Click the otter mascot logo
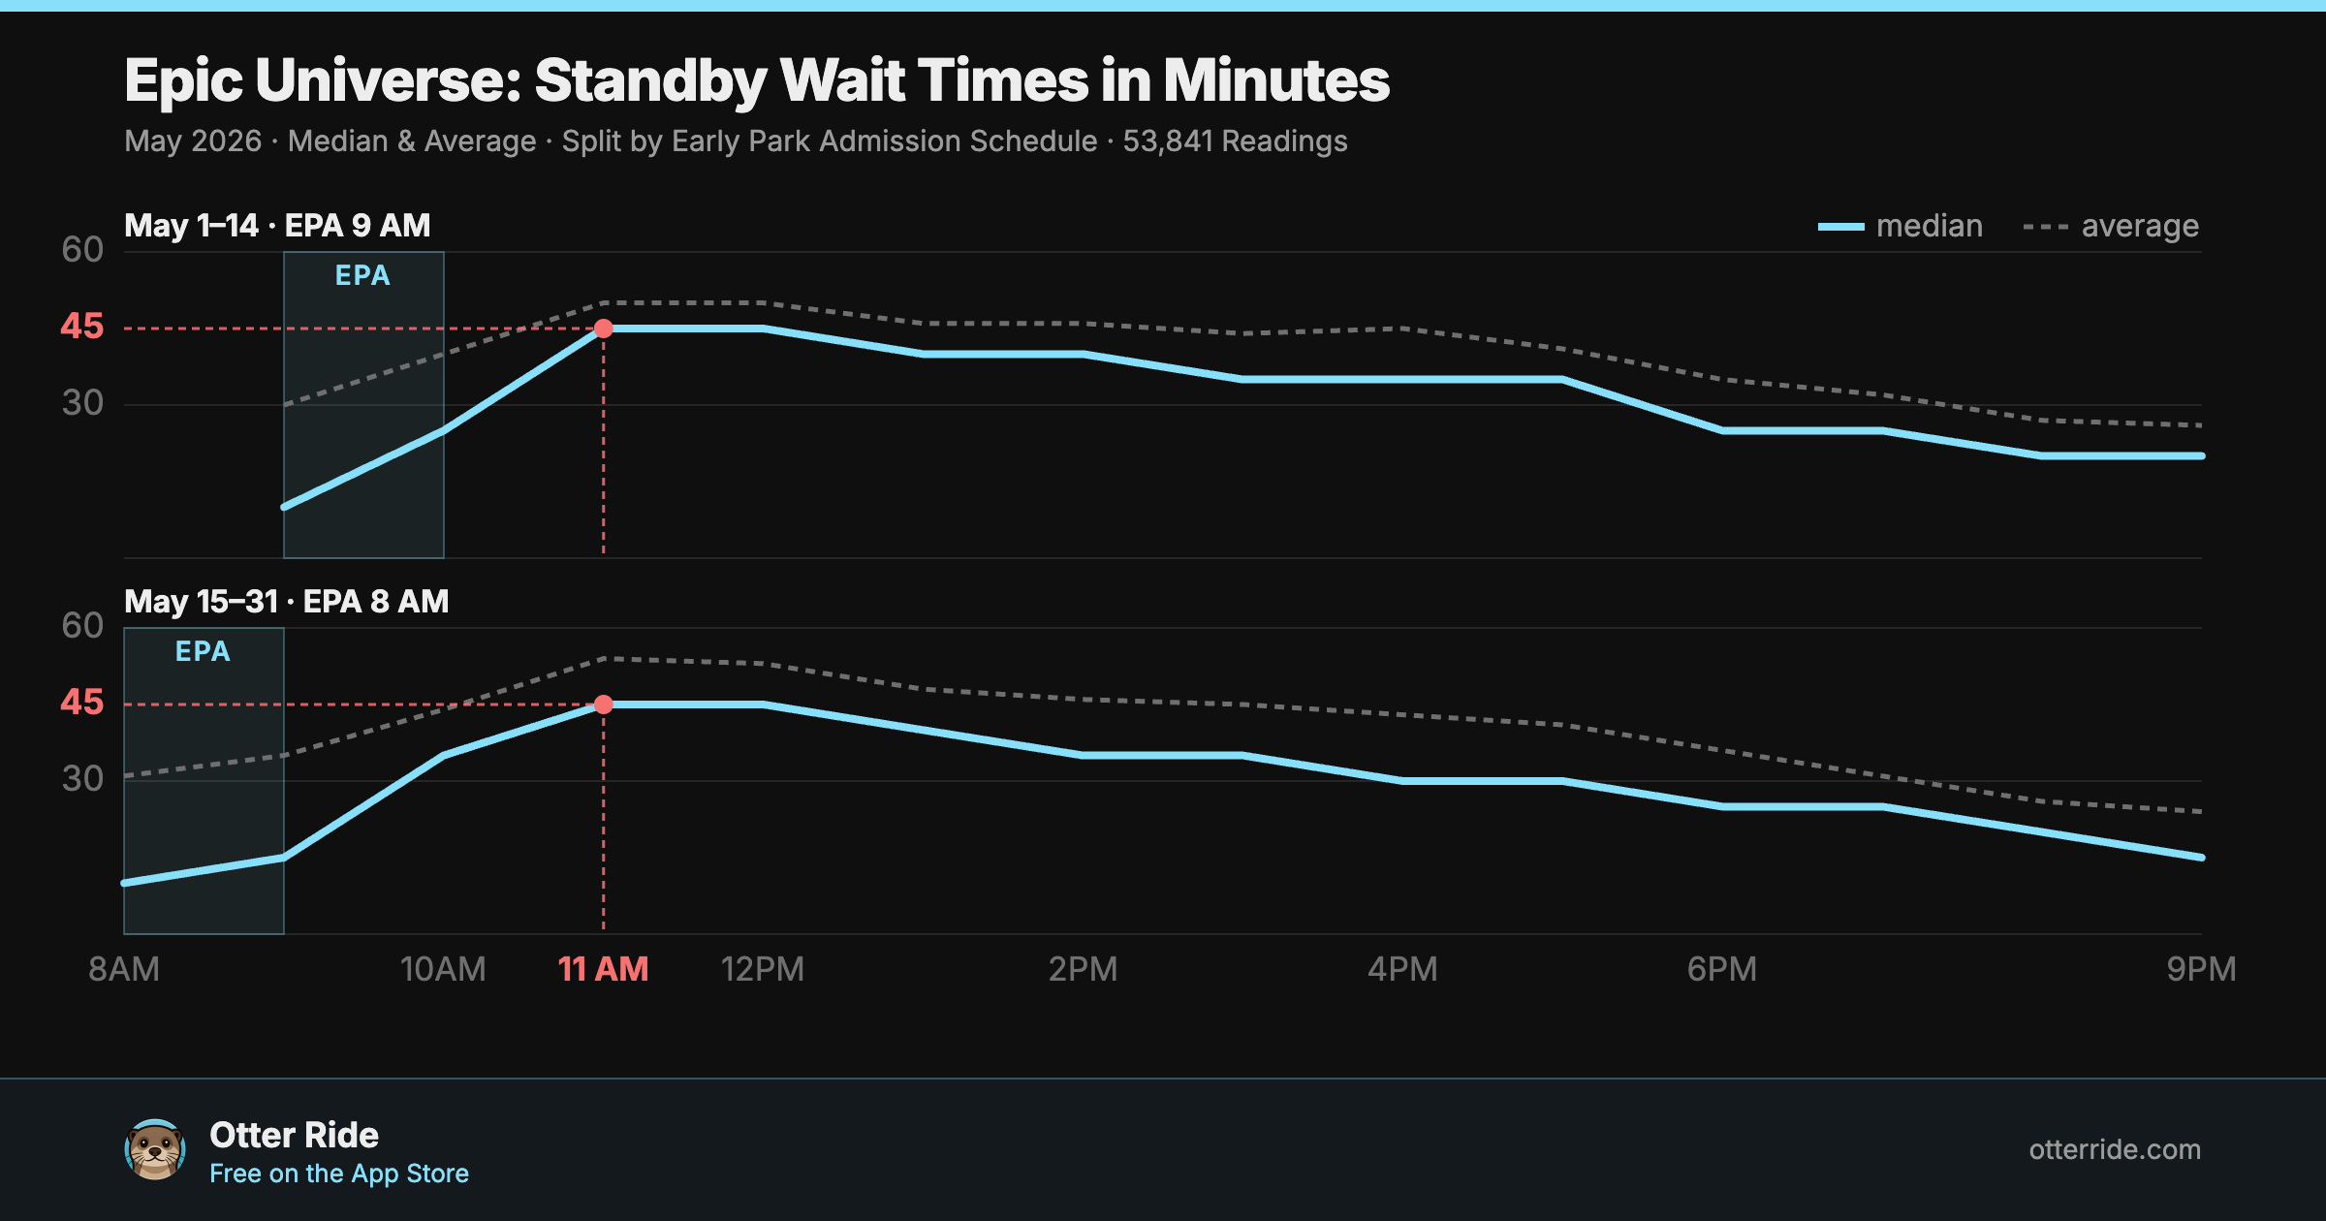click(155, 1149)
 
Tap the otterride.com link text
click(2115, 1149)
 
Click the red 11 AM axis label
click(603, 969)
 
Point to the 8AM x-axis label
click(124, 969)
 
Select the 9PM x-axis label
click(2201, 969)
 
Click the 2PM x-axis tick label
click(1083, 969)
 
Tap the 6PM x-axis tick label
click(1721, 969)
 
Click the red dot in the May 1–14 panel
click(603, 329)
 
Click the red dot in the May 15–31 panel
click(603, 704)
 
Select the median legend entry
click(1900, 226)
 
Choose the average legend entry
click(2111, 226)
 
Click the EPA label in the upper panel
click(362, 276)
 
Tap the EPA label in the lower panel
click(203, 652)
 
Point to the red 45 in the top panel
click(81, 327)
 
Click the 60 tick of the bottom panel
click(82, 626)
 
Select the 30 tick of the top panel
click(82, 403)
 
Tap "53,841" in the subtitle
click(1167, 141)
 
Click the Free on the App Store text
click(339, 1174)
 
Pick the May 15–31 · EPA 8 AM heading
click(286, 602)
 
